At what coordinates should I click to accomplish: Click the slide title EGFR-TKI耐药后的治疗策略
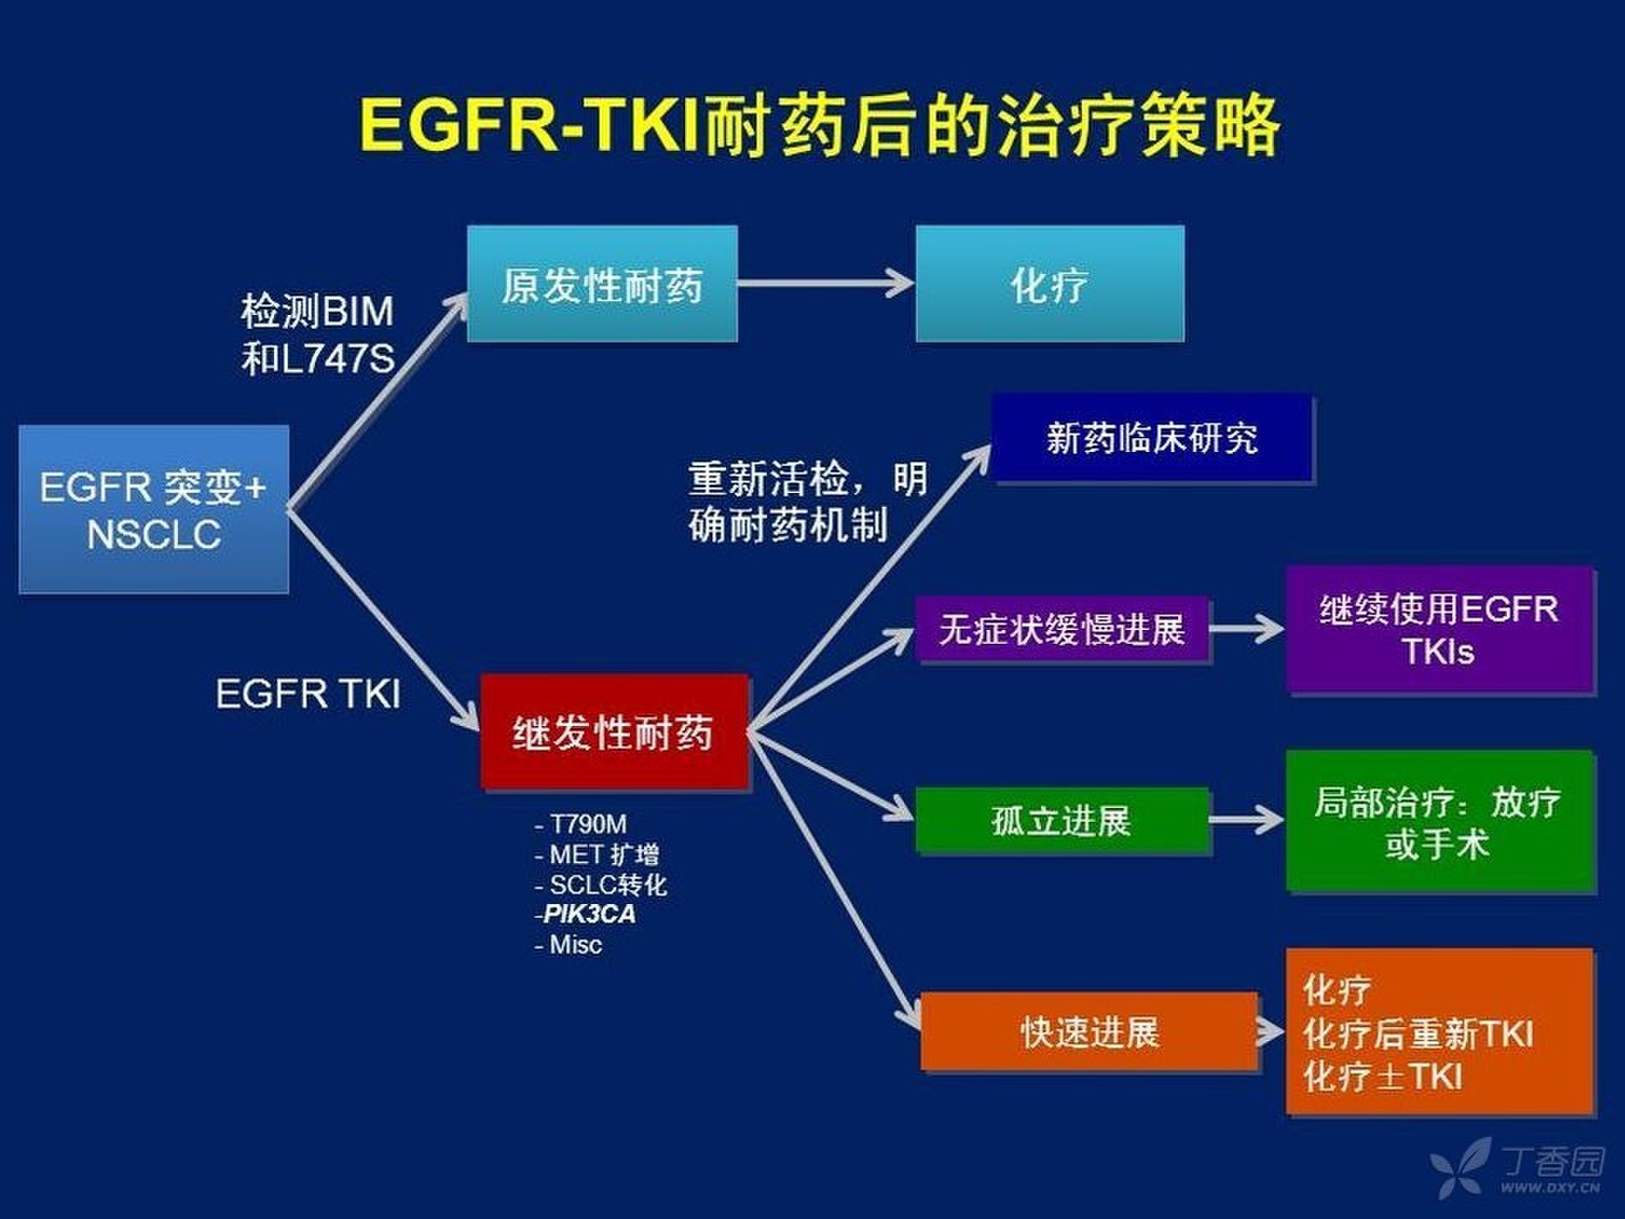click(x=818, y=126)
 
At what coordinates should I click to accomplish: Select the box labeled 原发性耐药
click(x=602, y=284)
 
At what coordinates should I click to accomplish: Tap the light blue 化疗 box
click(x=1050, y=284)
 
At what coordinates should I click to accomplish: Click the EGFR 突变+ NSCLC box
click(x=154, y=509)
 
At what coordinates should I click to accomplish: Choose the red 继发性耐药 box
click(x=614, y=732)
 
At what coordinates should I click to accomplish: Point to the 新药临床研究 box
click(x=1152, y=438)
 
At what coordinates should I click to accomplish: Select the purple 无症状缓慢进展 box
click(x=1062, y=629)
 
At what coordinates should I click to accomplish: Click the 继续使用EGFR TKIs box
click(x=1439, y=629)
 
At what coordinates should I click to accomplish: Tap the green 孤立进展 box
click(x=1062, y=821)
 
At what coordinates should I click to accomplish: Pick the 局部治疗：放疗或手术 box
click(x=1439, y=822)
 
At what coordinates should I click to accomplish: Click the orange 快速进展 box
click(x=1089, y=1032)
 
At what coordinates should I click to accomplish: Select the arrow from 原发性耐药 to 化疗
click(x=825, y=282)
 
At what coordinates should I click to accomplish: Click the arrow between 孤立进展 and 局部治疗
click(x=1247, y=820)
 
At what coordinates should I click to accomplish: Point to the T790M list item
click(x=581, y=824)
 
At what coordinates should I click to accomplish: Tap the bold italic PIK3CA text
click(x=589, y=914)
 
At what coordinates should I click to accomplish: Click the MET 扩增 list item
click(x=597, y=854)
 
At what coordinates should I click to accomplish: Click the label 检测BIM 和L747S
click(x=318, y=335)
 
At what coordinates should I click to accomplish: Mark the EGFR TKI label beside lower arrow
click(x=308, y=693)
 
